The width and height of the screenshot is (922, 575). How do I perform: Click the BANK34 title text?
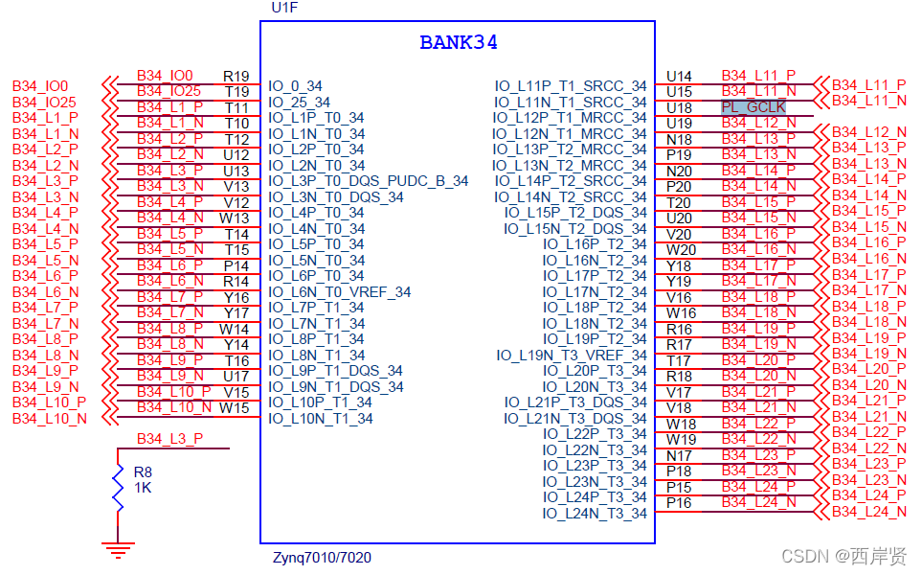[x=459, y=43]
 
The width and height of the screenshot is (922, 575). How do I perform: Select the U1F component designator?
[x=283, y=9]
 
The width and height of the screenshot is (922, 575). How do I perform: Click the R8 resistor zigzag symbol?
[x=118, y=488]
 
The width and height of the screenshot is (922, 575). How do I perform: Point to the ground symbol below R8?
[x=118, y=550]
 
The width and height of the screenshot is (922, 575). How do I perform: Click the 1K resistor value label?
[x=143, y=487]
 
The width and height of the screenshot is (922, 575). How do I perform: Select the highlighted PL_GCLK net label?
[x=753, y=107]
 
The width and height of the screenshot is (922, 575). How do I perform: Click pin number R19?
[x=236, y=76]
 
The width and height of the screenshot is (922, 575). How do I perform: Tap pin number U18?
[x=679, y=107]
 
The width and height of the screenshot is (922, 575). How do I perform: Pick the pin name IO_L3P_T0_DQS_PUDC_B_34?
[x=369, y=180]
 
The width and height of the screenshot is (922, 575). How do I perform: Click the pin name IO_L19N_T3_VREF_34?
[x=572, y=355]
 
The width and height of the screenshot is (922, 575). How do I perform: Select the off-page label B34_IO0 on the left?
[x=40, y=86]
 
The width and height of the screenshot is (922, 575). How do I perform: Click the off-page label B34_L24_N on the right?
[x=868, y=512]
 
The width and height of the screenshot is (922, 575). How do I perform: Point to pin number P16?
[x=679, y=502]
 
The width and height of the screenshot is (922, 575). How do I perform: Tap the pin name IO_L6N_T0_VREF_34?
[x=340, y=291]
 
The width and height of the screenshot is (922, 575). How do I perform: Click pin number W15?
[x=235, y=407]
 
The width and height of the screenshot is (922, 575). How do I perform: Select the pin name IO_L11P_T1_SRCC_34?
[x=571, y=86]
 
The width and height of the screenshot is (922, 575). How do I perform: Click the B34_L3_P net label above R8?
[x=169, y=439]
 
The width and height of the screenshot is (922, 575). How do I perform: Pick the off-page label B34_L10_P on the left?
[x=49, y=402]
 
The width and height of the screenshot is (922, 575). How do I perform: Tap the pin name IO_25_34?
[x=300, y=103]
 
